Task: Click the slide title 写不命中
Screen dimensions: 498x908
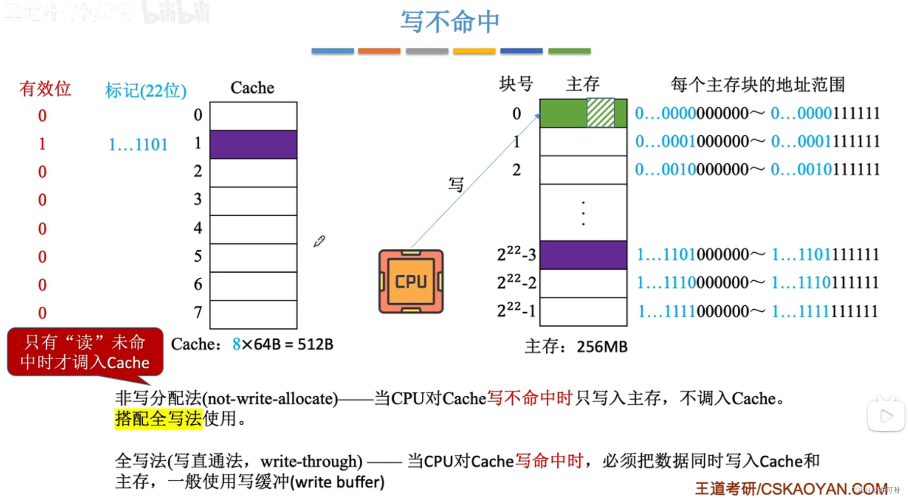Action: [450, 22]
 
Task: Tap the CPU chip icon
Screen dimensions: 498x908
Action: [411, 281]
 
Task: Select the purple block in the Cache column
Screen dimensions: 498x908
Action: [253, 145]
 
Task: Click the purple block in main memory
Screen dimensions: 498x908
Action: [583, 255]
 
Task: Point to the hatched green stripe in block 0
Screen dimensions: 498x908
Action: [600, 113]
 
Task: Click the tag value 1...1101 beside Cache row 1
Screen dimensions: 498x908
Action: [138, 145]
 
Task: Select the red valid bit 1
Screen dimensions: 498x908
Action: [42, 144]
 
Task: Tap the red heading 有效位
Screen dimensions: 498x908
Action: [45, 89]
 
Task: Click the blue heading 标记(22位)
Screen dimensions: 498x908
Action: [146, 90]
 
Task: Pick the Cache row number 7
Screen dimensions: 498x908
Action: [198, 312]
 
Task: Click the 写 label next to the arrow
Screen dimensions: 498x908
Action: [456, 185]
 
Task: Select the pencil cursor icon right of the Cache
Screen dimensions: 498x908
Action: [319, 241]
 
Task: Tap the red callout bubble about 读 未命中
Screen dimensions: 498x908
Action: [85, 352]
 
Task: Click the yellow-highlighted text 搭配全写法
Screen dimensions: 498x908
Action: [158, 419]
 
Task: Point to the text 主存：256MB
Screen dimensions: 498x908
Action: [576, 347]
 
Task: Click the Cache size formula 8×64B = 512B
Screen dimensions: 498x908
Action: [282, 344]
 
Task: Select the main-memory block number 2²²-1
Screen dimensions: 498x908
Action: [516, 311]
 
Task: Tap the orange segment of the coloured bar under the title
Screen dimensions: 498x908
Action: [379, 51]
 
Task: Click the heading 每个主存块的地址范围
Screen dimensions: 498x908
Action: [757, 85]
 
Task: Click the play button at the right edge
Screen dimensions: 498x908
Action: [886, 416]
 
